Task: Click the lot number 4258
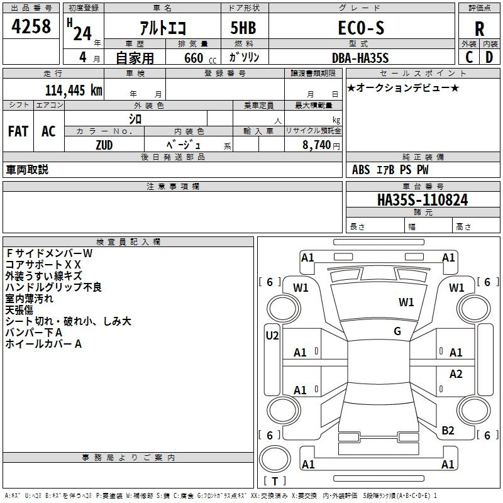tap(31, 26)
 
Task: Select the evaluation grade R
tap(479, 29)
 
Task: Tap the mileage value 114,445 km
tap(74, 91)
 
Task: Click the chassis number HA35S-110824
tap(423, 200)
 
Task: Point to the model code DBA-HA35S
tap(360, 58)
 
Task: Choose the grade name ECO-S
tap(361, 28)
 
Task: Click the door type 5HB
tap(243, 28)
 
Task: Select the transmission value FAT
tap(18, 131)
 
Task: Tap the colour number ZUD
tap(104, 145)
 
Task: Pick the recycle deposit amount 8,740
tap(316, 145)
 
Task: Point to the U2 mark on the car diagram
tap(272, 336)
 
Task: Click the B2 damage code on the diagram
tap(448, 431)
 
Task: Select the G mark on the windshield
tap(397, 331)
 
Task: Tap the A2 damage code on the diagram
tap(456, 373)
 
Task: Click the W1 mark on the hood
tap(406, 302)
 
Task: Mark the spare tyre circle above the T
tap(275, 459)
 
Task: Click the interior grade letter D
tap(489, 57)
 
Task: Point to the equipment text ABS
tap(361, 170)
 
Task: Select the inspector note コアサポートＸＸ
tap(43, 265)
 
